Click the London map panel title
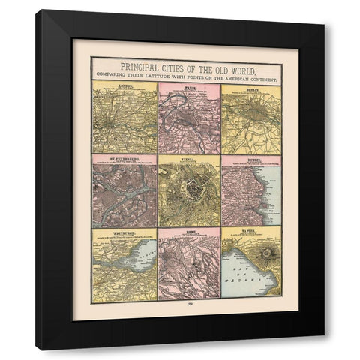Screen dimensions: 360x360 pyautogui.click(x=124, y=87)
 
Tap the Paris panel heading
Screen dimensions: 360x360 pyautogui.click(x=189, y=87)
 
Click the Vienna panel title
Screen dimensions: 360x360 pyautogui.click(x=189, y=159)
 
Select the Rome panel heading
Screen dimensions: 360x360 pyautogui.click(x=189, y=232)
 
